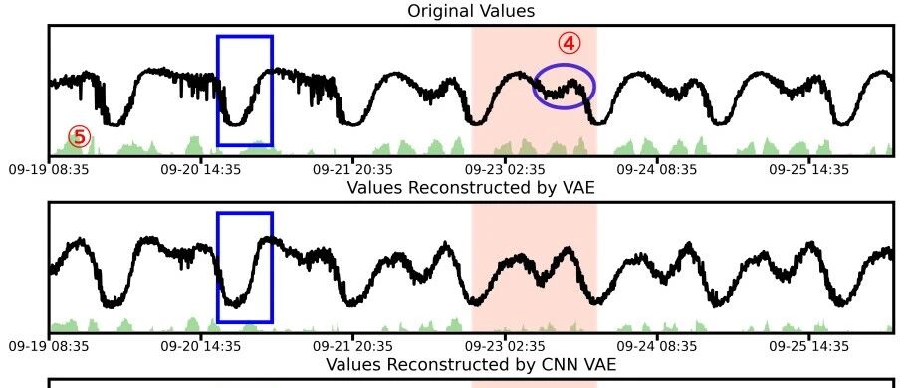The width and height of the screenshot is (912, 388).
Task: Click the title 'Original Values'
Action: click(471, 11)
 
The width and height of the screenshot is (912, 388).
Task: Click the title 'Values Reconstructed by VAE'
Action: click(471, 188)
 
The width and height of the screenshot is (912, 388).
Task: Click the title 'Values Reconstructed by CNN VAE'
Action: click(471, 365)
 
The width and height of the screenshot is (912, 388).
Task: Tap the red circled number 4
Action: click(570, 43)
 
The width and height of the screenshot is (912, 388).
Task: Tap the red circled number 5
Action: click(80, 137)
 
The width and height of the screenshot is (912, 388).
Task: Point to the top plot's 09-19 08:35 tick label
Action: click(49, 169)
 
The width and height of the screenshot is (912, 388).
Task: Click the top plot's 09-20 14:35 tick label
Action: click(201, 169)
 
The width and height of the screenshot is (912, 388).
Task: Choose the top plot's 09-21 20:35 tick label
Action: click(353, 169)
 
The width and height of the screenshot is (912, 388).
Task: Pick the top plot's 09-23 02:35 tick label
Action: click(505, 169)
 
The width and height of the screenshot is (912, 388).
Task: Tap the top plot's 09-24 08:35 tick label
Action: click(657, 169)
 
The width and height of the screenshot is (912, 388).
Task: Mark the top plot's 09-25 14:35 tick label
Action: click(809, 169)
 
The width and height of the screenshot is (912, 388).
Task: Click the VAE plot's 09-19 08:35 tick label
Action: click(49, 347)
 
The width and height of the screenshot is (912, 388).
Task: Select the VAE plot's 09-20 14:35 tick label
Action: click(201, 347)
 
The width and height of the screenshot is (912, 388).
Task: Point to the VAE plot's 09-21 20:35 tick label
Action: click(353, 347)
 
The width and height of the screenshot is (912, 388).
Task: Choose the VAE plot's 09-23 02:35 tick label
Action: click(505, 347)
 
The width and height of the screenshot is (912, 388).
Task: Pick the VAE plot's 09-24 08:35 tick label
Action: click(657, 347)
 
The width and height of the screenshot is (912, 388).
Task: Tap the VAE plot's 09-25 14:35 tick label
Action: click(809, 347)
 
